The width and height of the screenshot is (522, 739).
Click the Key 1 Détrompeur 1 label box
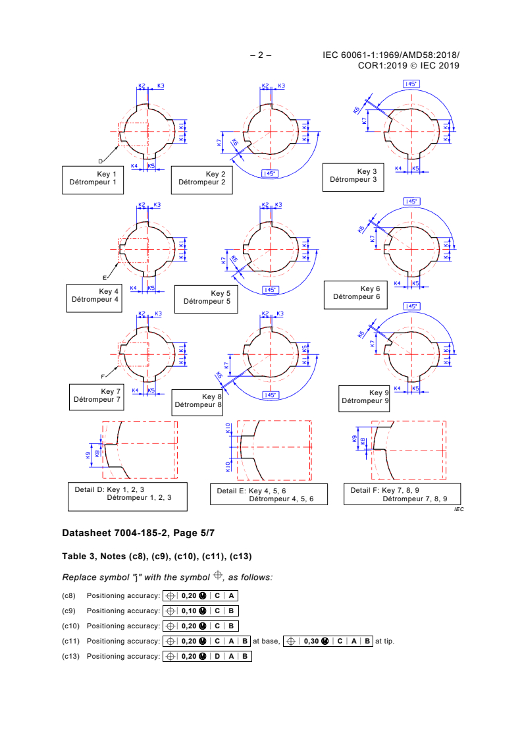(93, 179)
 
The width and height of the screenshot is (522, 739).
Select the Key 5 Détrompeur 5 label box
(207, 299)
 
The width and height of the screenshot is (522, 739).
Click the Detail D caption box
(128, 496)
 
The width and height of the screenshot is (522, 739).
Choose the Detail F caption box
(402, 494)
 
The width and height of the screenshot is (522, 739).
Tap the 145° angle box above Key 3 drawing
(411, 84)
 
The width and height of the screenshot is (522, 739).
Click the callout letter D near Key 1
(101, 161)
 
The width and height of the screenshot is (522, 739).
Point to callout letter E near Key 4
(104, 277)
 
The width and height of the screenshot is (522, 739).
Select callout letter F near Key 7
(102, 376)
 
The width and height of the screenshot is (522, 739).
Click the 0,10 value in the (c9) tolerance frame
(188, 611)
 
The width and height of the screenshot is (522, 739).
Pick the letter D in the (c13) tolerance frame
(216, 656)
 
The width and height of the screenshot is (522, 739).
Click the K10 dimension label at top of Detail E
(228, 429)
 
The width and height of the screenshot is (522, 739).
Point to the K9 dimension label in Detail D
(88, 454)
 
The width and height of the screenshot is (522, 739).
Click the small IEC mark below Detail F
(458, 510)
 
